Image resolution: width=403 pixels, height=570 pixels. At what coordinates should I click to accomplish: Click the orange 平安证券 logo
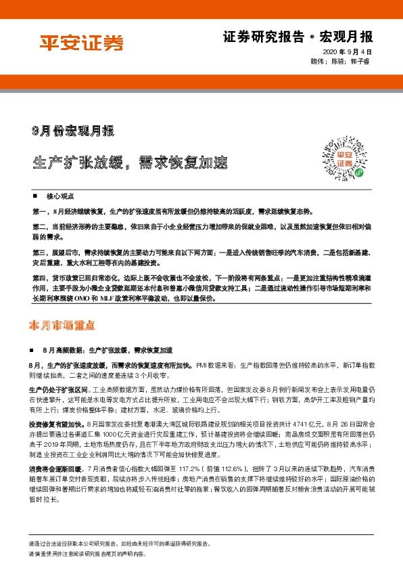click(x=79, y=44)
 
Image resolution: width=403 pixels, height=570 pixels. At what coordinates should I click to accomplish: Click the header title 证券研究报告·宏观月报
click(x=298, y=36)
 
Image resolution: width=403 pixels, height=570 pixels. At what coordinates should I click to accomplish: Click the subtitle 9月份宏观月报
click(x=74, y=129)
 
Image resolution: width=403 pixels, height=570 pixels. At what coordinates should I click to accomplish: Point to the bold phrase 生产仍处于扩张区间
click(x=57, y=391)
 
